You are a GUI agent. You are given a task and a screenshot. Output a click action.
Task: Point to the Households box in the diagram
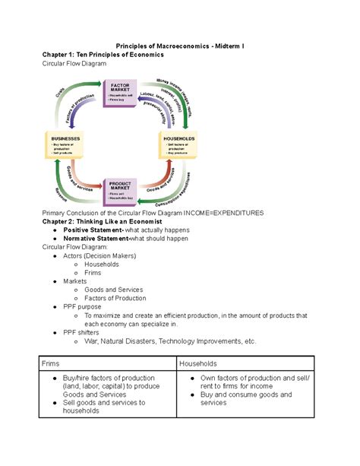(179, 144)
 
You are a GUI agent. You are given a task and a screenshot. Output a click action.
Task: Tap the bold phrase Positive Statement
(93, 230)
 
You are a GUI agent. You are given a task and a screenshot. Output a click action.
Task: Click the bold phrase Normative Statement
(97, 238)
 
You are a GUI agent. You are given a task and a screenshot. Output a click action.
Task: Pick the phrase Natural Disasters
(139, 341)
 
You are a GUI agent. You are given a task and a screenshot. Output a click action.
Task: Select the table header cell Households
(198, 364)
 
